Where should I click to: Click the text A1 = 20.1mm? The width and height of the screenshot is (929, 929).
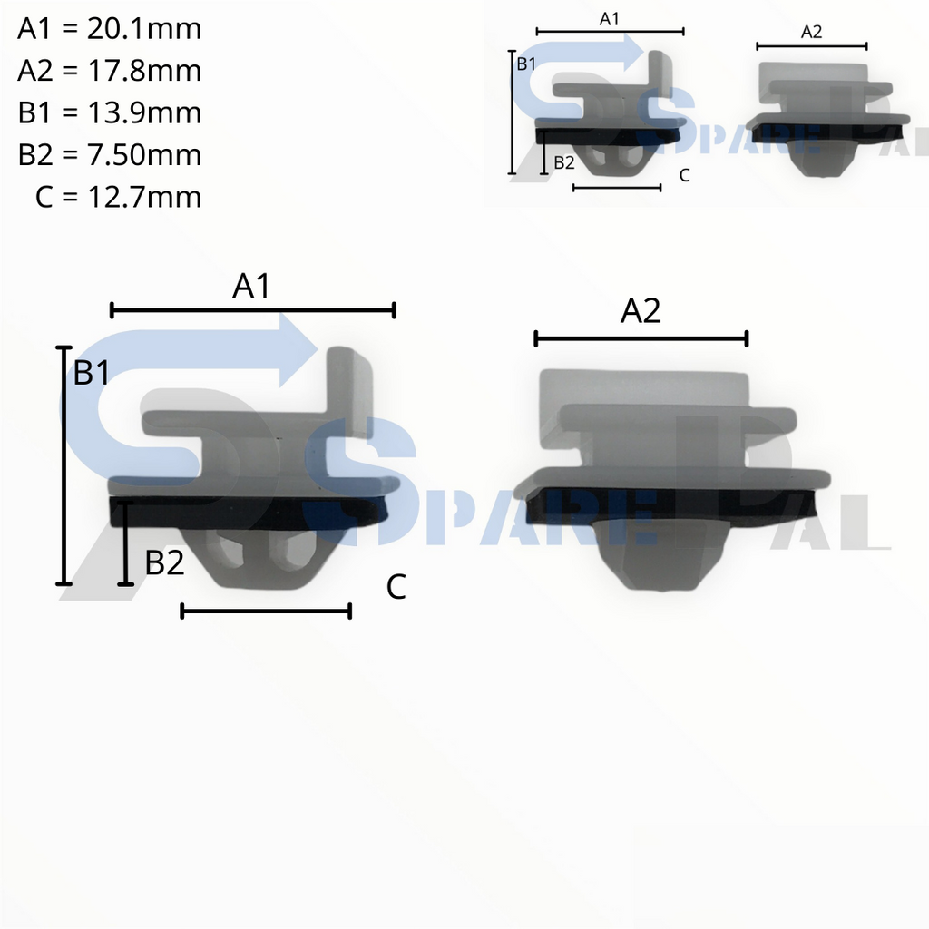(109, 29)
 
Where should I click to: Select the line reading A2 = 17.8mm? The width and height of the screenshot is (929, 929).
(109, 71)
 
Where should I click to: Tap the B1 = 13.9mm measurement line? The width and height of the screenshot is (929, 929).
(109, 112)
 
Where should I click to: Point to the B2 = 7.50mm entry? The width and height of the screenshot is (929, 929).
(109, 154)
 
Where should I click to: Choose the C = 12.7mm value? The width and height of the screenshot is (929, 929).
(119, 196)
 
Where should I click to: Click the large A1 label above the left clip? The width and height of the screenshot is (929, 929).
(251, 287)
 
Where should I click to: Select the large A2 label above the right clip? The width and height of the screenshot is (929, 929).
(641, 312)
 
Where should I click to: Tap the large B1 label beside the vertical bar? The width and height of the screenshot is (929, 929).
(92, 372)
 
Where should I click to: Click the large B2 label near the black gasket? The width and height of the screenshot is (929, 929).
(165, 563)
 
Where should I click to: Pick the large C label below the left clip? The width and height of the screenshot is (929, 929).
(396, 588)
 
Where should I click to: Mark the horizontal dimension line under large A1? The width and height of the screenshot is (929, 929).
(252, 311)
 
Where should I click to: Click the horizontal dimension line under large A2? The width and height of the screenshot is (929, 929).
(641, 339)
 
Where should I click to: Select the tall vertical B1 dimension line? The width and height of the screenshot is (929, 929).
(64, 465)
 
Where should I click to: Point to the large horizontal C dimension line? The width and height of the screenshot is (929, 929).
(266, 611)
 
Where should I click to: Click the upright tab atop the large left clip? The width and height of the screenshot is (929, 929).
(349, 386)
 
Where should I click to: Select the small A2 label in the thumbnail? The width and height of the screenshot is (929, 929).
(812, 32)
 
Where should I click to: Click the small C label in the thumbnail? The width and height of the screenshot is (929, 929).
(684, 175)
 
